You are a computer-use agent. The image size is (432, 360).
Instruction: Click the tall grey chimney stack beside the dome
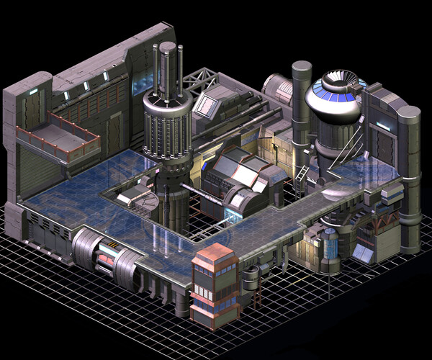(301, 101)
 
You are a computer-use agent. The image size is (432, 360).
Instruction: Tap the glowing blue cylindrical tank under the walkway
(331, 248)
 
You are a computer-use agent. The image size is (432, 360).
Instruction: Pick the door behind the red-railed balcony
(115, 133)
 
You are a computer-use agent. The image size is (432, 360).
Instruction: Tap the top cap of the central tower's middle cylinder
(168, 46)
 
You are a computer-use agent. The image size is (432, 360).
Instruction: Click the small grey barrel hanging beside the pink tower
(251, 278)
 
